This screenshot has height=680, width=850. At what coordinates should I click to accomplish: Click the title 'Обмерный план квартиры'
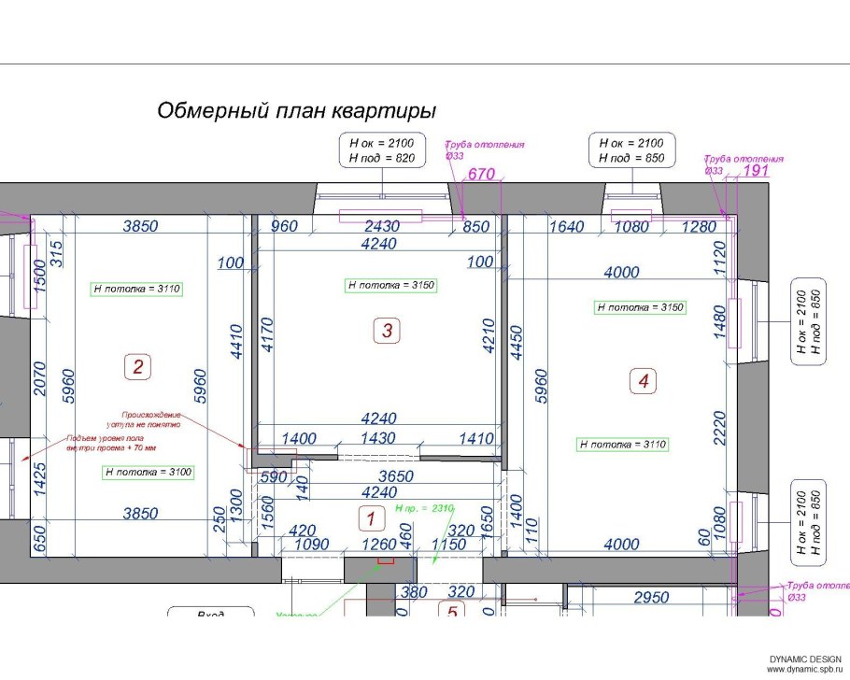(296, 111)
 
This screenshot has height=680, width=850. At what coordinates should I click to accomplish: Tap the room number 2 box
(137, 367)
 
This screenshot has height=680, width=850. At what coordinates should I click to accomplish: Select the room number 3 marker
(387, 330)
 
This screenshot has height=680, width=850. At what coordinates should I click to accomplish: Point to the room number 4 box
(643, 380)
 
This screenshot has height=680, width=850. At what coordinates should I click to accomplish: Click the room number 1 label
(371, 517)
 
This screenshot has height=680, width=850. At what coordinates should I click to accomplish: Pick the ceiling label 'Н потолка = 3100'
(149, 473)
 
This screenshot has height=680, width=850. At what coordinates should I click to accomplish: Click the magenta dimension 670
(480, 174)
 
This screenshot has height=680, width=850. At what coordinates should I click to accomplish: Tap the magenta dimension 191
(754, 172)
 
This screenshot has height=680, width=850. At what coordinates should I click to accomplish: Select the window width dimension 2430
(380, 227)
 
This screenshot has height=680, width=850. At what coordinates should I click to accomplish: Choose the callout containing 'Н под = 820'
(381, 150)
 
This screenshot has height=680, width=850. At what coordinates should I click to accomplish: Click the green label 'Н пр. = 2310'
(424, 508)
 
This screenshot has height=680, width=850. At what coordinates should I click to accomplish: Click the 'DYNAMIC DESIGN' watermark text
(805, 660)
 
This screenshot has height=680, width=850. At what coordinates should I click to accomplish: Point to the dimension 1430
(384, 439)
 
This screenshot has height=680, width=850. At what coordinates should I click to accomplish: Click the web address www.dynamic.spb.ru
(804, 671)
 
